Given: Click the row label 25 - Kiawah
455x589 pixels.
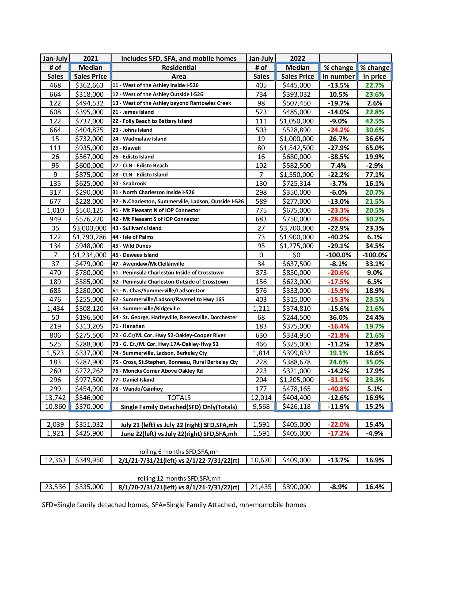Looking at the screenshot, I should coord(126,148).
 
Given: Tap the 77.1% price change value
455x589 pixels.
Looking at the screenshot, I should coord(374,175).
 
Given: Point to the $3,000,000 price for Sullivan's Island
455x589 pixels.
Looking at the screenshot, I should coord(89,228).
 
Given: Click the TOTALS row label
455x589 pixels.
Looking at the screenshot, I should coord(179,398).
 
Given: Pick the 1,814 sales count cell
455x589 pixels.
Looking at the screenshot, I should coord(261,353).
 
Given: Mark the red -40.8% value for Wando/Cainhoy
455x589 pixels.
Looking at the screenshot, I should coord(338,389).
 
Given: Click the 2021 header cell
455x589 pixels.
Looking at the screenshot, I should coord(90,59).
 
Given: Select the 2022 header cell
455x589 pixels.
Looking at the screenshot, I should coord(298,59).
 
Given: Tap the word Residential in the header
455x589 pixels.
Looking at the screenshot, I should coord(179,67).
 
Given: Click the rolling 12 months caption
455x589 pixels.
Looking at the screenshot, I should coord(179,478).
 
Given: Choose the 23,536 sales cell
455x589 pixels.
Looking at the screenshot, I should coord(55,487).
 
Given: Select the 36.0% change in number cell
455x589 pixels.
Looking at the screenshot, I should coord(338,317).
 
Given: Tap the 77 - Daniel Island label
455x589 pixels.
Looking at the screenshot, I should coord(133,380).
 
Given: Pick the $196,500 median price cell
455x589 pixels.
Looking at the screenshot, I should coord(89,317).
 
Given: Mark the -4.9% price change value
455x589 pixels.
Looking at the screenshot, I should coord(374,433).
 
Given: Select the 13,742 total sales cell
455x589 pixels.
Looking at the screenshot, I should coord(55,398).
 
